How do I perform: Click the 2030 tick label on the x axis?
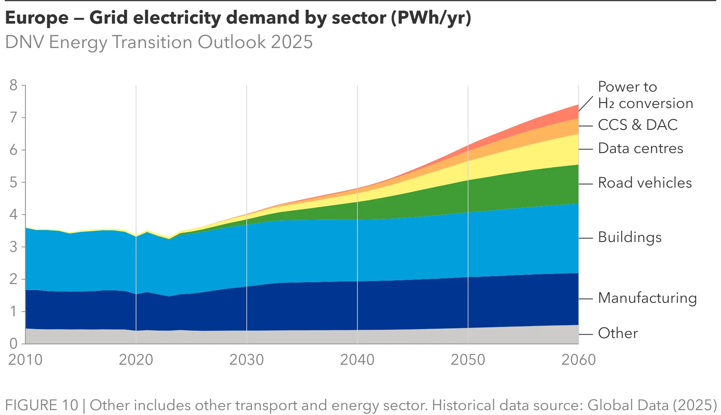[x=246, y=360]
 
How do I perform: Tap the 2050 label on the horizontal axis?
[x=468, y=360]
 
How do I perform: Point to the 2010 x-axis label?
[x=25, y=360]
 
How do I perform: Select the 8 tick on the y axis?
[x=14, y=86]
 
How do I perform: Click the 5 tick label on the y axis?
[x=14, y=182]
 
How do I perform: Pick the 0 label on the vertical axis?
[x=14, y=343]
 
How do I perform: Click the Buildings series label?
[x=629, y=238]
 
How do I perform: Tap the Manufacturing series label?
[x=647, y=298]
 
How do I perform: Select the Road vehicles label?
[x=644, y=183]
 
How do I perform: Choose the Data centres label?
[x=640, y=149]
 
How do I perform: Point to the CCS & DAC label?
[x=638, y=125]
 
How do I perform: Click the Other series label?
[x=618, y=333]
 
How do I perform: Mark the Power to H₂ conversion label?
[x=645, y=95]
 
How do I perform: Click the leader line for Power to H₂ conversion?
[x=586, y=104]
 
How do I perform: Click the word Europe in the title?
[x=37, y=18]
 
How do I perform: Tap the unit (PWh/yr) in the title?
[x=431, y=18]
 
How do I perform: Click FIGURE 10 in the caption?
[x=41, y=405]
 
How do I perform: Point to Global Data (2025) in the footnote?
[x=652, y=405]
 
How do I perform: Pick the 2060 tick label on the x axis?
[x=578, y=360]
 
